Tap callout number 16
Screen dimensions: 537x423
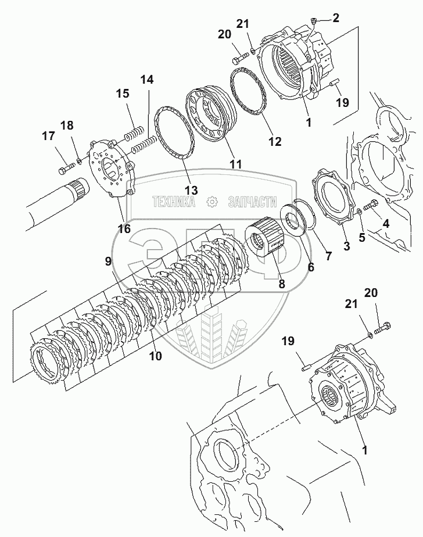(124, 228)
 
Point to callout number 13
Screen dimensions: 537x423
(191, 189)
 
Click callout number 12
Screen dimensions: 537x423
(274, 141)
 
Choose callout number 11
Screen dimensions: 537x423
(235, 164)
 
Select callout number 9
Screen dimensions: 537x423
(108, 261)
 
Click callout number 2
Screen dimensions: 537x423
(335, 19)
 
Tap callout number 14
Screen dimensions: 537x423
(147, 80)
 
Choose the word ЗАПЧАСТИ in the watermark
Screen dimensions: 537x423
(252, 202)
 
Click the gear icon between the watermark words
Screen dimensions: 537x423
(212, 202)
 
